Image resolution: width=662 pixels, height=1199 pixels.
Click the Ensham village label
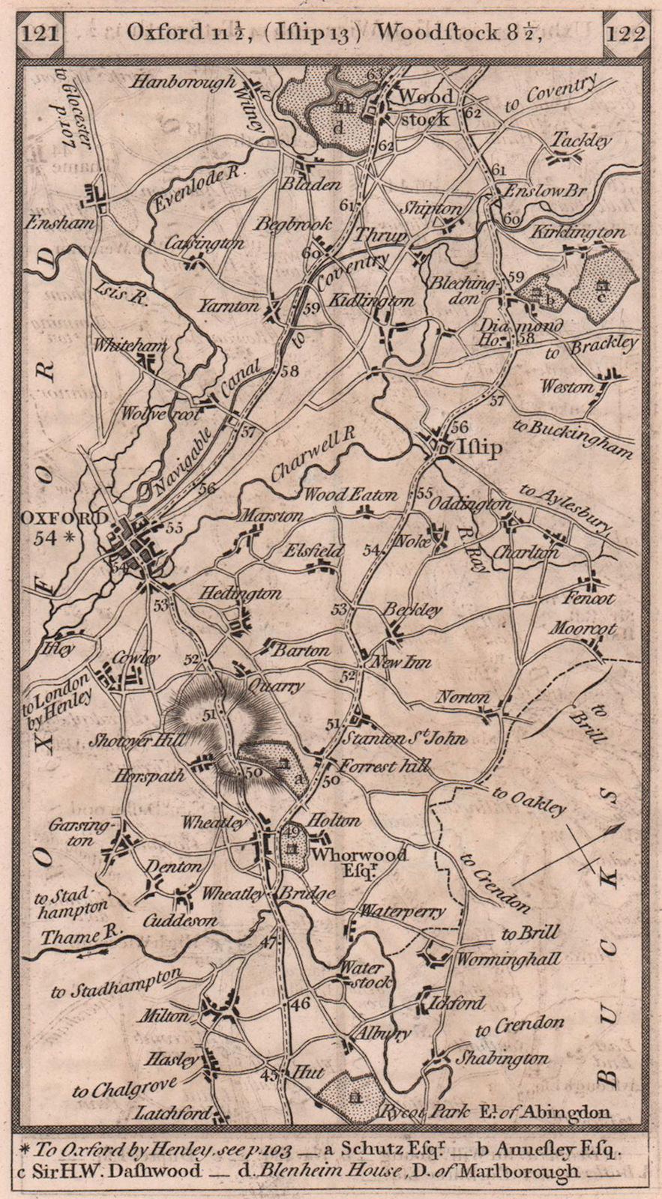pos(50,223)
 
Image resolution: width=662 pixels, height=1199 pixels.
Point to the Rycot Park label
pos(417,1113)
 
